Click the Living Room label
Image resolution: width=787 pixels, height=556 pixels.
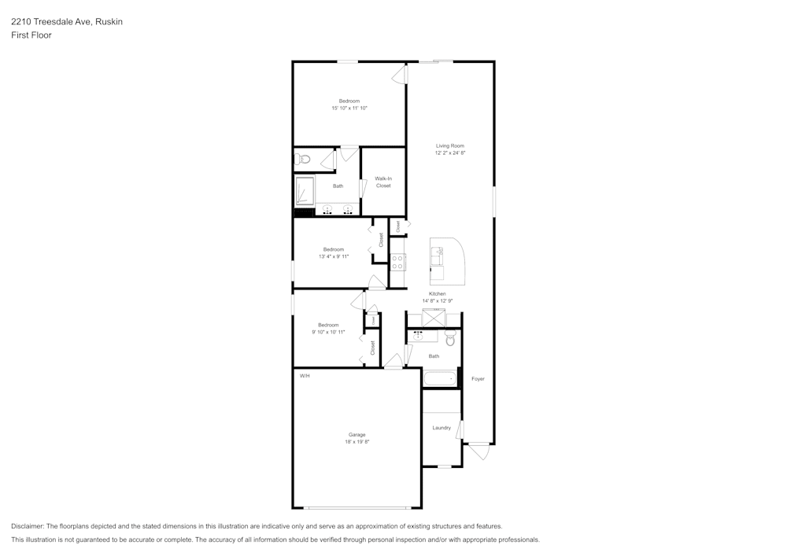point(450,145)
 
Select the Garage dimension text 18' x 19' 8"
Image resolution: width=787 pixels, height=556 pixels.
point(357,442)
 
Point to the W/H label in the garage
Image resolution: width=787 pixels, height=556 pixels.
point(305,376)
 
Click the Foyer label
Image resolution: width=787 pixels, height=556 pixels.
point(478,379)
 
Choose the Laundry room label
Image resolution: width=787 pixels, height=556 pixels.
point(442,428)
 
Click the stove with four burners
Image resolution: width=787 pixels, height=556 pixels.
point(398,263)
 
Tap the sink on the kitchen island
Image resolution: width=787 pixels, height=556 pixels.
point(438,256)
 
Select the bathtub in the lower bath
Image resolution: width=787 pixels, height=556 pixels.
point(440,379)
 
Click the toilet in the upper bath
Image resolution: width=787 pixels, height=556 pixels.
point(303,160)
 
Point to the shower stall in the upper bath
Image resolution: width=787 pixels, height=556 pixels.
point(305,191)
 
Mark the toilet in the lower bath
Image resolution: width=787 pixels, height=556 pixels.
point(450,339)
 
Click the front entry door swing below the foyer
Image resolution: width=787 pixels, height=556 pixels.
point(478,452)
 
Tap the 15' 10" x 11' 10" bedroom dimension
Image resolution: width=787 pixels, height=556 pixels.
point(349,108)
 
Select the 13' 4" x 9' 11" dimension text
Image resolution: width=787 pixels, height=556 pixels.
point(334,256)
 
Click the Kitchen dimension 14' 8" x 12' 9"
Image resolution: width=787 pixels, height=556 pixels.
point(437,300)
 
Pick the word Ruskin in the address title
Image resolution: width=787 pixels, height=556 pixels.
point(109,22)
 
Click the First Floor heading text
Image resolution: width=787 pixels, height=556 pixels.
point(31,35)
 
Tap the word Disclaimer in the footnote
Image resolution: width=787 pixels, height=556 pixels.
point(28,526)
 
